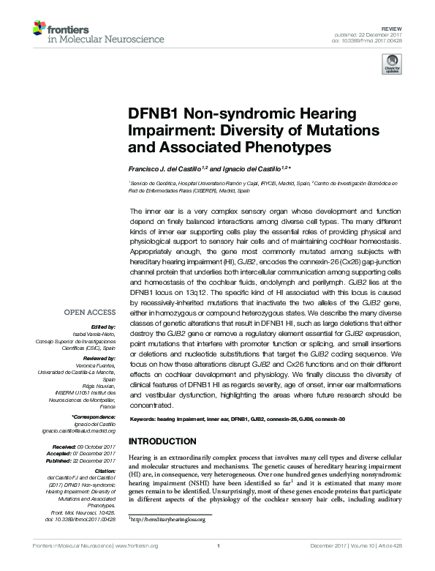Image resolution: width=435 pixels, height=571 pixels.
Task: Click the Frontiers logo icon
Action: tap(41, 29)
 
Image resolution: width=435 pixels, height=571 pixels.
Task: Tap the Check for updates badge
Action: tap(391, 67)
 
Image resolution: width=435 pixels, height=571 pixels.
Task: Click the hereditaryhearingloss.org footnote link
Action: tap(167, 519)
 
